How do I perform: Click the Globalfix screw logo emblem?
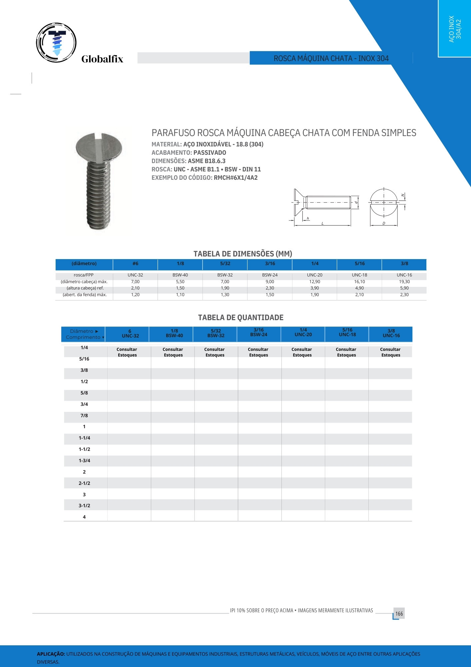point(56,43)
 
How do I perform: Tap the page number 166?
point(399,614)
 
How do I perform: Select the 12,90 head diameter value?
point(314,282)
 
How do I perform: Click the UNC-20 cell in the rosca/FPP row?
point(314,275)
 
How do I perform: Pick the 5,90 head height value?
point(404,288)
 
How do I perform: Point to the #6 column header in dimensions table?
point(135,263)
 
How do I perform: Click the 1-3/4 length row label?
point(84,461)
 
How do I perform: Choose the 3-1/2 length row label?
point(84,506)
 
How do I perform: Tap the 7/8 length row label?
point(84,416)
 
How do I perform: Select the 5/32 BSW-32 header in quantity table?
point(216,333)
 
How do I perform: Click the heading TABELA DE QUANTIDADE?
point(240,317)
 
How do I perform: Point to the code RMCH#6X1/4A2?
point(235,178)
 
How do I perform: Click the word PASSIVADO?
point(210,153)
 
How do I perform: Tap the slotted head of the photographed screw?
point(99,147)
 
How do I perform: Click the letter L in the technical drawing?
point(322,224)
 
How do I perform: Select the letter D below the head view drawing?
point(384,224)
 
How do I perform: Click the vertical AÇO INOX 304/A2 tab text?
point(455,29)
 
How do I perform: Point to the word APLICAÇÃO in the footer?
point(51,654)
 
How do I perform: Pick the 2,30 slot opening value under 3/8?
point(404,295)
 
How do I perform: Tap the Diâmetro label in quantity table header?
point(82,331)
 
